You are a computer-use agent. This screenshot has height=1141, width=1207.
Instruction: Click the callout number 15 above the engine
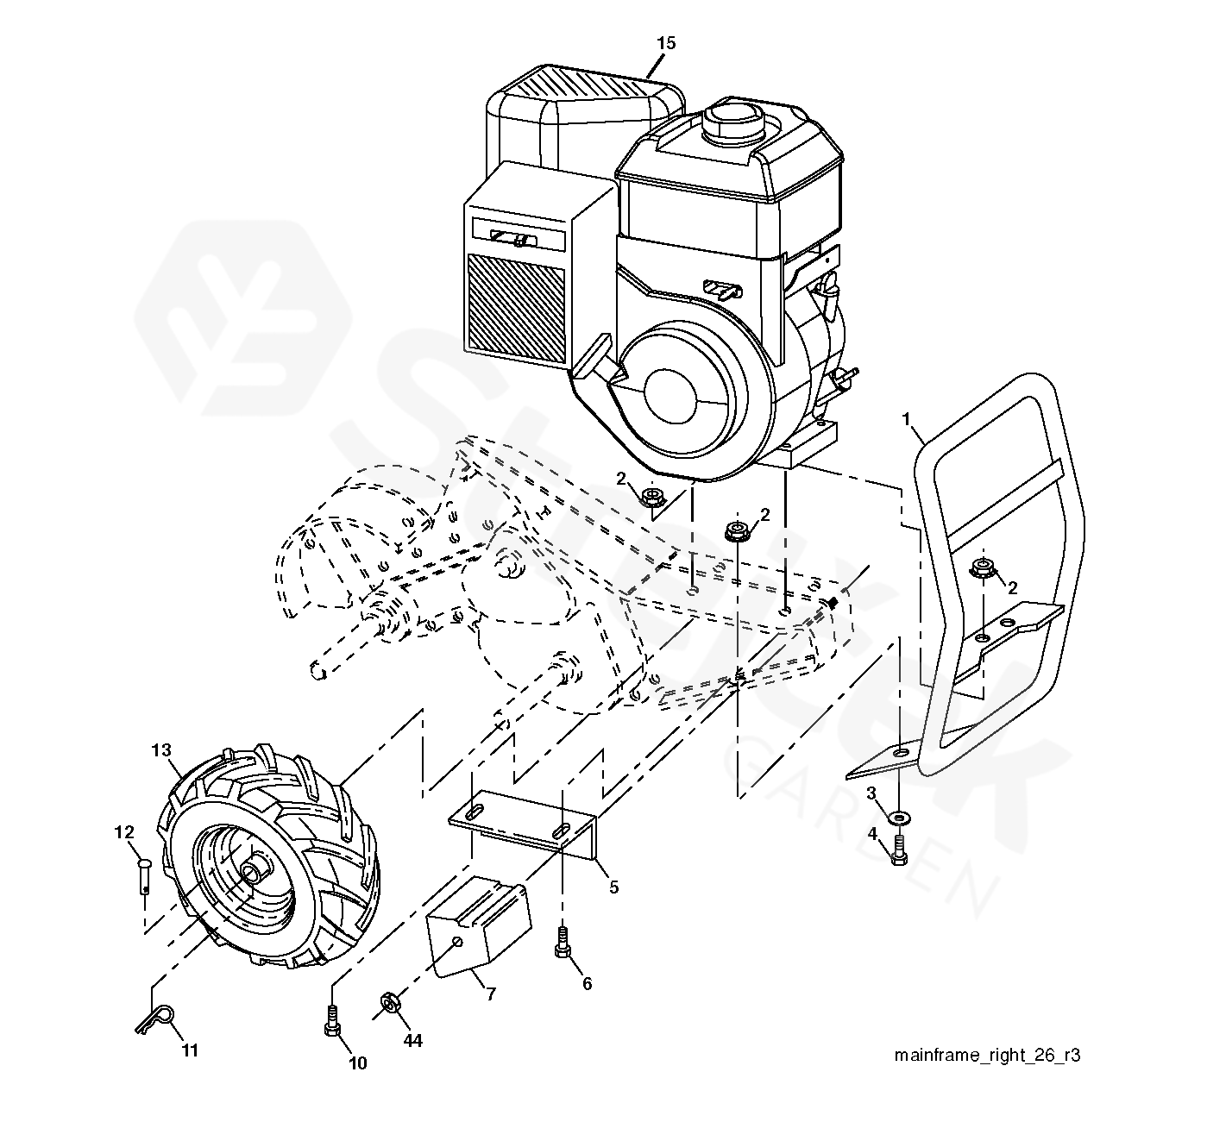665,43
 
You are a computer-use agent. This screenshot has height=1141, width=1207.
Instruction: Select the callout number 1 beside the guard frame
906,419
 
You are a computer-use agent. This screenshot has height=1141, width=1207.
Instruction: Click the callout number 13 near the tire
161,750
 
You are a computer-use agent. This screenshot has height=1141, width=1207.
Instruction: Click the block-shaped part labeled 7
478,927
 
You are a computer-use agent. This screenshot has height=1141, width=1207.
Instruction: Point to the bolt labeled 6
562,942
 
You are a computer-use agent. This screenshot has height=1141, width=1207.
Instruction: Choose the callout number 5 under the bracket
613,887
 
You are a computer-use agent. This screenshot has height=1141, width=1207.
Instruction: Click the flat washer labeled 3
899,818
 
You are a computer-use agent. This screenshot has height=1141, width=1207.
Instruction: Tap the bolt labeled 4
898,850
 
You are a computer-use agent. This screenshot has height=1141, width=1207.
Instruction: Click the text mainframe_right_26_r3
987,1055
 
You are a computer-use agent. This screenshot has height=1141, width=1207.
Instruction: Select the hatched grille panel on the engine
516,308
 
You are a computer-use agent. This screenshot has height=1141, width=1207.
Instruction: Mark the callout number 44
412,1040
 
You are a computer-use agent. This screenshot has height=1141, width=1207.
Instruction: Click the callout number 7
491,994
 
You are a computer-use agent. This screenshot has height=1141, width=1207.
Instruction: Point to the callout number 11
190,1050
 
